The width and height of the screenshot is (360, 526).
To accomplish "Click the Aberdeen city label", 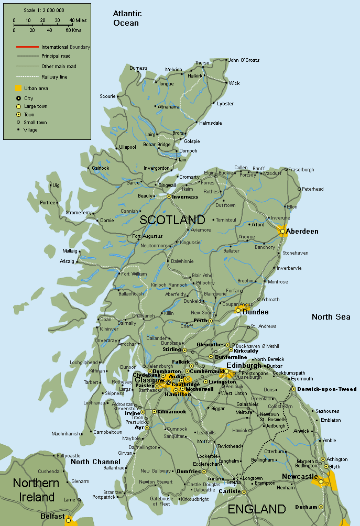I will click(302, 231).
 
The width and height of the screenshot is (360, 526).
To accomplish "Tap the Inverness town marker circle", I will click(169, 196).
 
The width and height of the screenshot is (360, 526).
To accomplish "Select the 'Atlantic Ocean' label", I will click(127, 18).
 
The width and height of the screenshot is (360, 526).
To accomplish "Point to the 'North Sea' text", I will click(330, 316).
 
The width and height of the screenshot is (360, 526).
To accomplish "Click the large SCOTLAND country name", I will click(172, 220).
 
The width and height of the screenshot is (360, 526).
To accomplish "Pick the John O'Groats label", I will click(244, 60).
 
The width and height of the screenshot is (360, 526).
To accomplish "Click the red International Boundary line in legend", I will click(27, 47).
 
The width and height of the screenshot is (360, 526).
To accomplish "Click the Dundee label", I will click(255, 312).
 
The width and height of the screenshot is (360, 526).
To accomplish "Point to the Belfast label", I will click(52, 517).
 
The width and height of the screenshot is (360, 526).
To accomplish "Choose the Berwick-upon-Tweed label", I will click(326, 389).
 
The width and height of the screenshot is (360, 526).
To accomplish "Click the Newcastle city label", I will click(299, 476).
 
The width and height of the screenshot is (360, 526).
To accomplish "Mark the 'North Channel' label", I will click(95, 462).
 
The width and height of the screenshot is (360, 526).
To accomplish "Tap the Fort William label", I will click(134, 273).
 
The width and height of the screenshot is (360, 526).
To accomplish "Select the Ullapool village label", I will click(127, 147).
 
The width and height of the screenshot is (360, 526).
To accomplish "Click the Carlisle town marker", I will click(244, 491).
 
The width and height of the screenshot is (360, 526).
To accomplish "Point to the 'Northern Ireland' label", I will click(34, 490).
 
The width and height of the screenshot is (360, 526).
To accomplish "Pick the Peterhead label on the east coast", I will click(313, 189).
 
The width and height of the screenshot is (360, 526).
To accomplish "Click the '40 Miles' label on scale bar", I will click(78, 20).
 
